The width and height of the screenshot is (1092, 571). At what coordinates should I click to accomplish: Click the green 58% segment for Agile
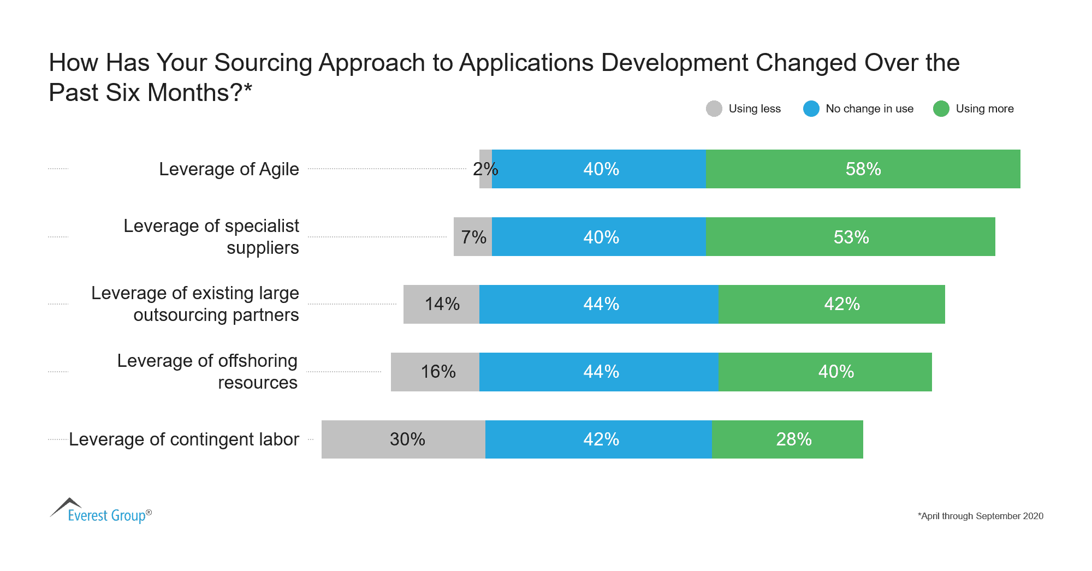(x=863, y=169)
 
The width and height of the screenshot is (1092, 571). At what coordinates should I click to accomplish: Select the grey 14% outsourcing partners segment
(x=441, y=304)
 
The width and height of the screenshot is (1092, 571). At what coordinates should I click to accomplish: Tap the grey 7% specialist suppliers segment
(x=472, y=237)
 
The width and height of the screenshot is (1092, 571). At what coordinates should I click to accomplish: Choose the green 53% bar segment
(x=850, y=237)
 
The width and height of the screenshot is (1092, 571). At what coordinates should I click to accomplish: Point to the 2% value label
(x=485, y=169)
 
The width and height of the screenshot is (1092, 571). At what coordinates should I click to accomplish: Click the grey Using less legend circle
(x=714, y=109)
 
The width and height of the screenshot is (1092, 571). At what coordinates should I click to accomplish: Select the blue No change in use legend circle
(x=811, y=109)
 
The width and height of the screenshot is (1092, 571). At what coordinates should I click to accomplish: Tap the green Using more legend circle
(x=941, y=109)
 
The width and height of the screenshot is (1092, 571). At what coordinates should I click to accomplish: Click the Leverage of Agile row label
(x=229, y=169)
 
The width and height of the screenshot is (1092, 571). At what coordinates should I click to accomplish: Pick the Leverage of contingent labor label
(x=184, y=439)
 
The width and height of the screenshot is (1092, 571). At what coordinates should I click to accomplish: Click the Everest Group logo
(x=101, y=511)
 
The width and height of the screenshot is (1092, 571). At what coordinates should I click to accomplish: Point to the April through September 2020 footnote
(x=980, y=516)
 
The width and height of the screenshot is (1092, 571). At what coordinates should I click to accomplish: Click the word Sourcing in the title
(x=263, y=63)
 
